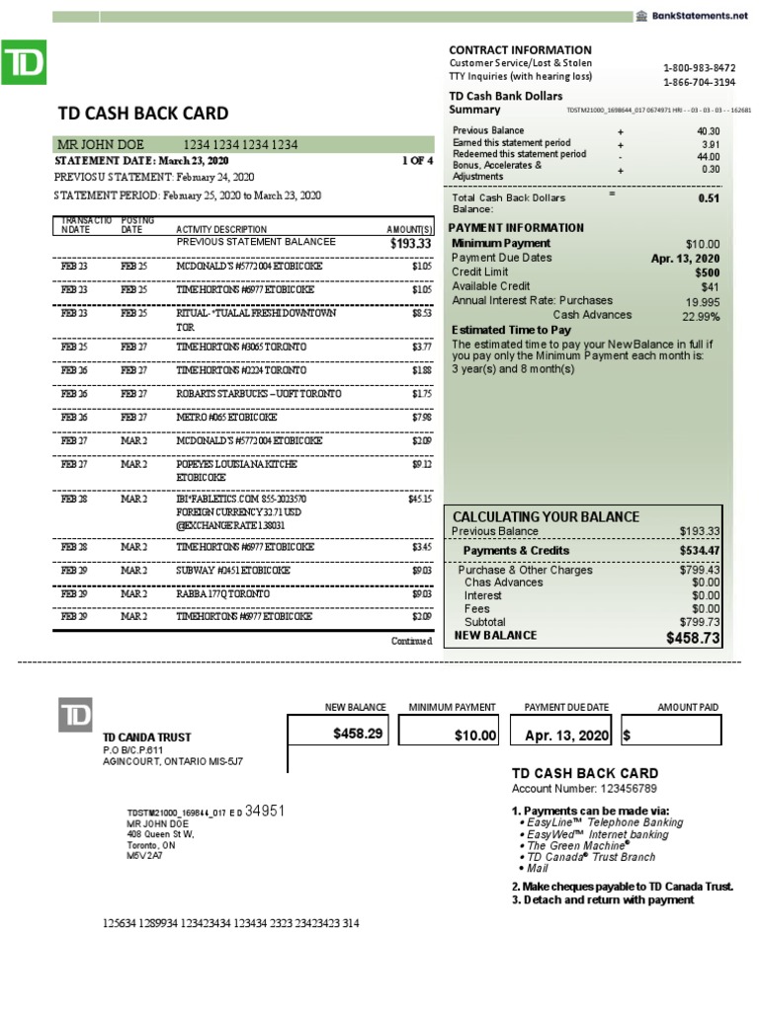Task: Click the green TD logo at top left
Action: point(27,65)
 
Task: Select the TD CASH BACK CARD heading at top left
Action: point(143,114)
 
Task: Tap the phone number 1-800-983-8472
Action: point(699,67)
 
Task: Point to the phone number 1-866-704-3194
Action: point(699,82)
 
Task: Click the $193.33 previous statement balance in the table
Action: point(411,243)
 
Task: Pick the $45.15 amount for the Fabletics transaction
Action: point(420,500)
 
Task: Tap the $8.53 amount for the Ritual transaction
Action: point(422,313)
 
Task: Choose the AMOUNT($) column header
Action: point(409,229)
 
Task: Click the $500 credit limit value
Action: point(707,272)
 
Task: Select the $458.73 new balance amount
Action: point(694,639)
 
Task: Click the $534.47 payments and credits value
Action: point(700,550)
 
